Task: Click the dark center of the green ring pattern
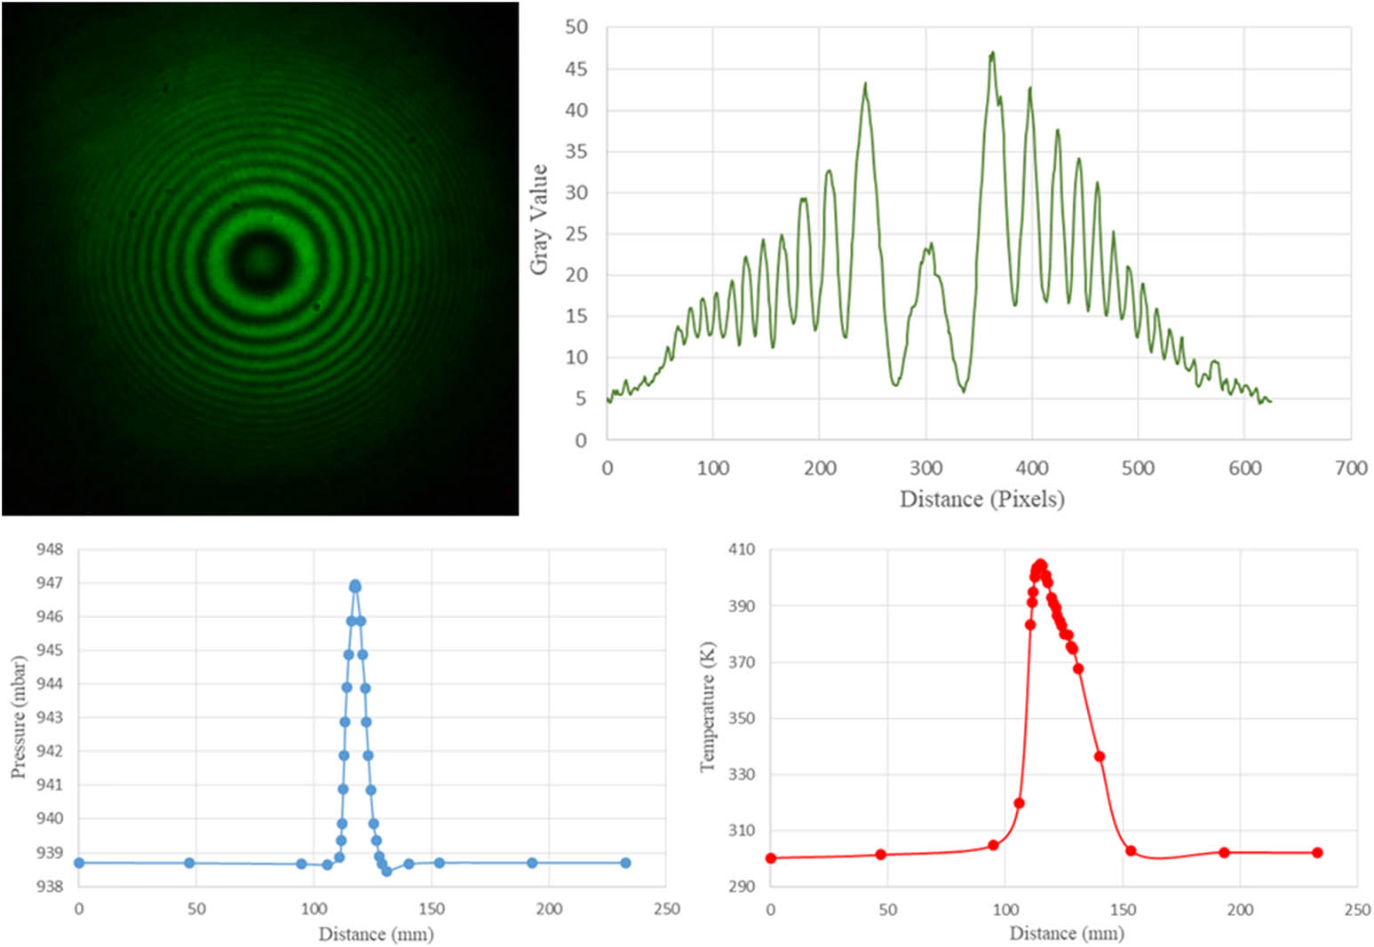pyautogui.click(x=258, y=260)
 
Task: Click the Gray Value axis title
pyautogui.click(x=538, y=219)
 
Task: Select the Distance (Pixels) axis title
pyautogui.click(x=981, y=499)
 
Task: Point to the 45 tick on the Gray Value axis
pyautogui.click(x=576, y=69)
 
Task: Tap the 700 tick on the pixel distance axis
pyautogui.click(x=1351, y=468)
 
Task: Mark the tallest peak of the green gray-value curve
pyautogui.click(x=992, y=53)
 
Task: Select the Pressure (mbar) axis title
pyautogui.click(x=18, y=717)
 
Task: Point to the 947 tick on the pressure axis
pyautogui.click(x=50, y=583)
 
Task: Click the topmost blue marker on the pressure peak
pyautogui.click(x=355, y=586)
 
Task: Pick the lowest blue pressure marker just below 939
pyautogui.click(x=386, y=872)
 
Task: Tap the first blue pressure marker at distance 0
pyautogui.click(x=79, y=863)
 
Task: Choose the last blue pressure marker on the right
pyautogui.click(x=625, y=863)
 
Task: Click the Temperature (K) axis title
pyautogui.click(x=708, y=706)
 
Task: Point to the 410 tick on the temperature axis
pyautogui.click(x=741, y=549)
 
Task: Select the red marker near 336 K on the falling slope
pyautogui.click(x=1100, y=756)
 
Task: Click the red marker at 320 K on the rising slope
pyautogui.click(x=1019, y=803)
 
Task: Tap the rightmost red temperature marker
pyautogui.click(x=1317, y=853)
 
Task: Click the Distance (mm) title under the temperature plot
pyautogui.click(x=1066, y=934)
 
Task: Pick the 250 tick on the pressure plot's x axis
pyautogui.click(x=666, y=909)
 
